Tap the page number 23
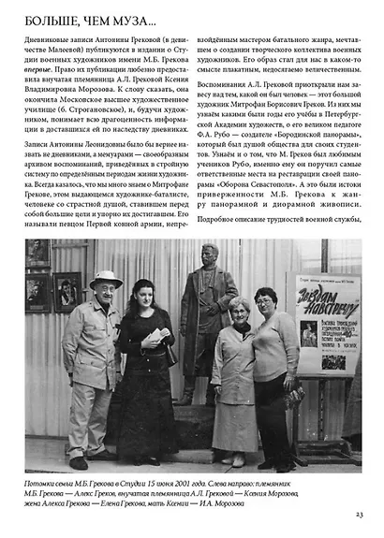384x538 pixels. pyautogui.click(x=360, y=514)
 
